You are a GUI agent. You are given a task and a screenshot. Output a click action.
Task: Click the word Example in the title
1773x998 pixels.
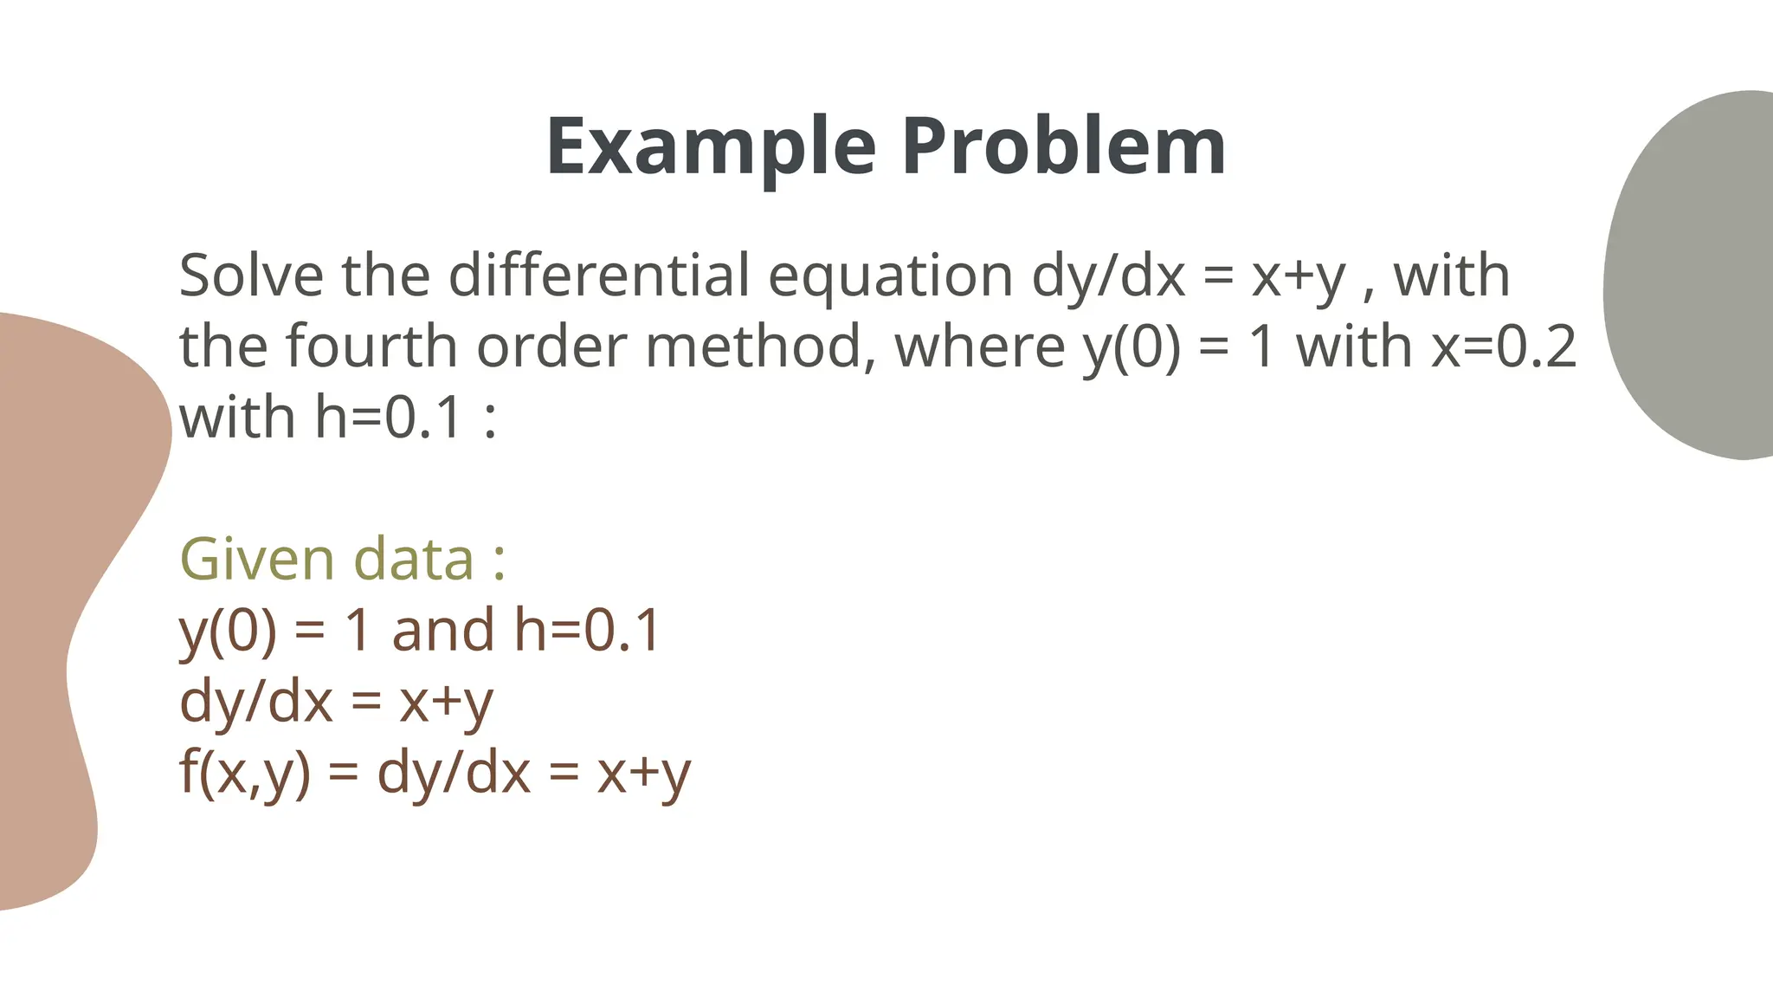point(711,147)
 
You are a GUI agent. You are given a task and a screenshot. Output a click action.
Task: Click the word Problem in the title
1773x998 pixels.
point(1063,147)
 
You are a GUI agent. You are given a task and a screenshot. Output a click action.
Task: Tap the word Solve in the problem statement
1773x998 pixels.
point(251,275)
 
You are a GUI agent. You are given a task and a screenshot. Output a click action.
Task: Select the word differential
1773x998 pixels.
point(599,275)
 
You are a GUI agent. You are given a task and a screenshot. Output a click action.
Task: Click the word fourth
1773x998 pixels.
point(371,347)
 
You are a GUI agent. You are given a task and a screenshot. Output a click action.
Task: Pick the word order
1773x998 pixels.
point(550,347)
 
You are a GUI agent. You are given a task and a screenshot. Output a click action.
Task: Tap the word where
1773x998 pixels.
point(979,347)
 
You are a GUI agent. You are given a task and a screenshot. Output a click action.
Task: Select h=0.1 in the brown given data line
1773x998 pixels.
point(587,630)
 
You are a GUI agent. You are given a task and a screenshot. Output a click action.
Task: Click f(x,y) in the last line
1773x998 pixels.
point(244,773)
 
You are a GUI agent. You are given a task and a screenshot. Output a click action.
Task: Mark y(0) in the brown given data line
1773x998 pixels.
point(228,632)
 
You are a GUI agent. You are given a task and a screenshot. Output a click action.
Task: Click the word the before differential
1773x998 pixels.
point(385,275)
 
